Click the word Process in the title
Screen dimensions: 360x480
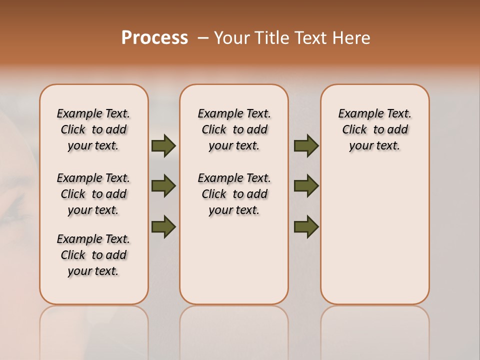[154, 38]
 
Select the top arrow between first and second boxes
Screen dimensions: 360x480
[163, 145]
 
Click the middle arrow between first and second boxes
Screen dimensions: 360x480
[163, 186]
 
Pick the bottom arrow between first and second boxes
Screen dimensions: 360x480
[163, 227]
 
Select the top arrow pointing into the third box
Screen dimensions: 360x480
[306, 145]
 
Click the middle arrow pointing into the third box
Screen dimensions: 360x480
[306, 186]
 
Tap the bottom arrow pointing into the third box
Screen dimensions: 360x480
[306, 227]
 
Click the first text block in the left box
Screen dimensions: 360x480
[93, 129]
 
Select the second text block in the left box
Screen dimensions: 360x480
[93, 194]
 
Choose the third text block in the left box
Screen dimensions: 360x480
[93, 255]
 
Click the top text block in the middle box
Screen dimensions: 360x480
[234, 129]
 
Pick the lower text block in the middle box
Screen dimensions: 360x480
[234, 194]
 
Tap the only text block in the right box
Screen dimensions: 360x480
[374, 129]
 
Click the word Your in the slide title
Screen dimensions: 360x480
[231, 38]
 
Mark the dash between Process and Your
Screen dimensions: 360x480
[203, 38]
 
